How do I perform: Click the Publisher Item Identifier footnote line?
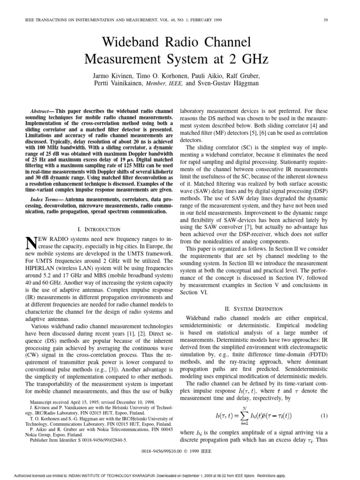pyautogui.click(x=78, y=441)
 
